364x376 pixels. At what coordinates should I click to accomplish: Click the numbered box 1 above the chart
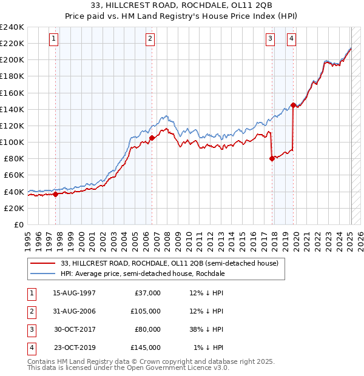[x=55, y=39]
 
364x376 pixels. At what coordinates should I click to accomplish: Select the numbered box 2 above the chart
[x=150, y=39]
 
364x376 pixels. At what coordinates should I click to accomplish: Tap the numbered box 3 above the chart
[x=270, y=39]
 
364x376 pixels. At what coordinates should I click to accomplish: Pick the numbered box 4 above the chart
[x=292, y=39]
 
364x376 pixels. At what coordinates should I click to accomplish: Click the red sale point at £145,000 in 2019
[x=293, y=105]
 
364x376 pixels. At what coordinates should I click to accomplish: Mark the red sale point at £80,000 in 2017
[x=272, y=158]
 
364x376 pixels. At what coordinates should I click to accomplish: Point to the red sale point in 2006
[x=152, y=138]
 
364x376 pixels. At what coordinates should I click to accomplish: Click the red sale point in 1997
[x=55, y=194]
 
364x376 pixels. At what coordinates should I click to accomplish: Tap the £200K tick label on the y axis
[x=12, y=60]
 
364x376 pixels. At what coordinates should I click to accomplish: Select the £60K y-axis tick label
[x=15, y=175]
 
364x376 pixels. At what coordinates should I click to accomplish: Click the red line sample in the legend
[x=43, y=263]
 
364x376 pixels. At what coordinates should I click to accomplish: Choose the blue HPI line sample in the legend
[x=43, y=274]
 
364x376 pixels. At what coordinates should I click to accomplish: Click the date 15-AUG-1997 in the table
[x=74, y=294]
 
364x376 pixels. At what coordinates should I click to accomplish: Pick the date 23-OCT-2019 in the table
[x=74, y=347]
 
